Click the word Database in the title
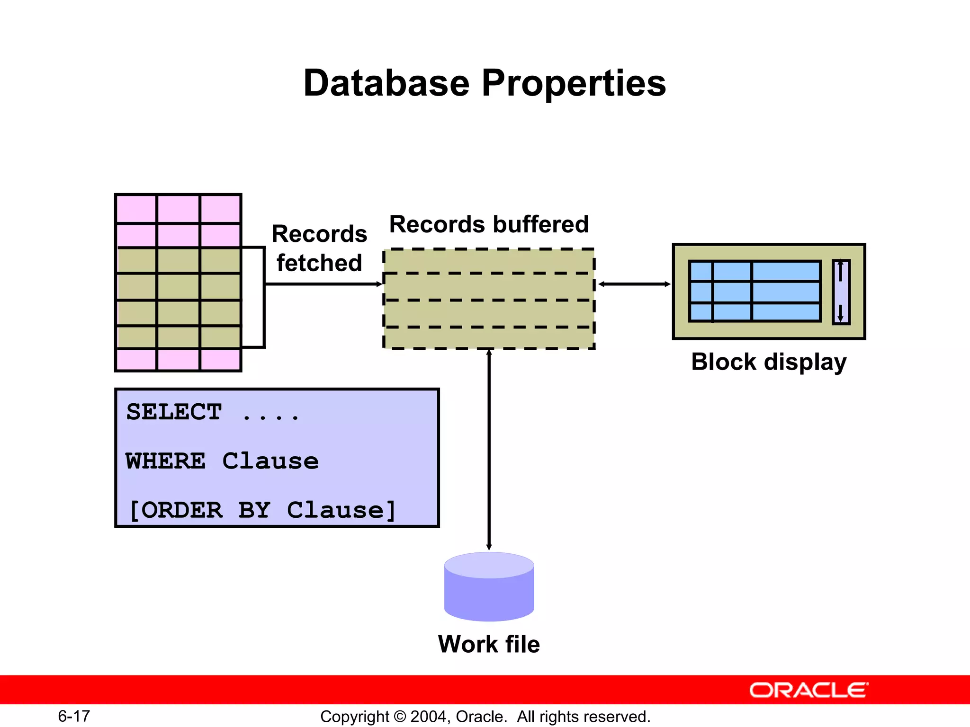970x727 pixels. pyautogui.click(x=386, y=83)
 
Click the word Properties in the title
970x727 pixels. pyautogui.click(x=574, y=83)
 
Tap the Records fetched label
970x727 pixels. pyautogui.click(x=319, y=248)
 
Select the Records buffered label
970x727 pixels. pyautogui.click(x=489, y=224)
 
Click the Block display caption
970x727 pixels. pyautogui.click(x=768, y=362)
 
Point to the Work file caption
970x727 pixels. pyautogui.click(x=489, y=644)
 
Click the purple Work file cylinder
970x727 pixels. pyautogui.click(x=489, y=589)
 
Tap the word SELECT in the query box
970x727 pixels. pyautogui.click(x=174, y=412)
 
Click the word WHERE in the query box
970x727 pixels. pyautogui.click(x=166, y=461)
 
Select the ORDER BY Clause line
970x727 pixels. pyautogui.click(x=262, y=510)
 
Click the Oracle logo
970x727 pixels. pyautogui.click(x=808, y=690)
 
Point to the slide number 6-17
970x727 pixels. pyautogui.click(x=74, y=716)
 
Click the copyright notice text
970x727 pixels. pyautogui.click(x=485, y=717)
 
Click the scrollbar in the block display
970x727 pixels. pyautogui.click(x=841, y=292)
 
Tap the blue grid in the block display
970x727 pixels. pyautogui.click(x=754, y=292)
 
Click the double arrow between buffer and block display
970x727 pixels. pyautogui.click(x=634, y=284)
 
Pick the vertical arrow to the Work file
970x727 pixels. pyautogui.click(x=489, y=450)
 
